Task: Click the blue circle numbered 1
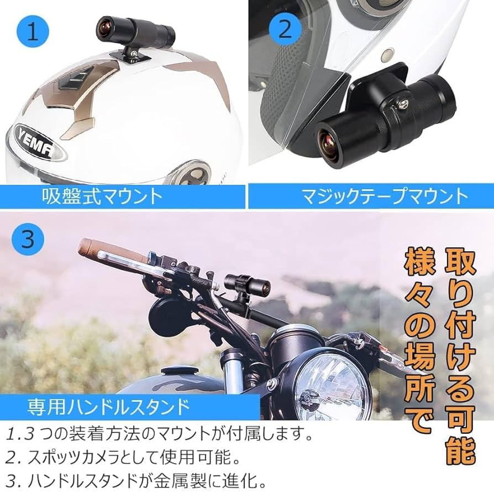(x=33, y=32)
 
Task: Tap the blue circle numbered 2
(x=285, y=28)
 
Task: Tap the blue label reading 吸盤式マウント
(x=103, y=196)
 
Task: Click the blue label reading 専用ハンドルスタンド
(x=108, y=407)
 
